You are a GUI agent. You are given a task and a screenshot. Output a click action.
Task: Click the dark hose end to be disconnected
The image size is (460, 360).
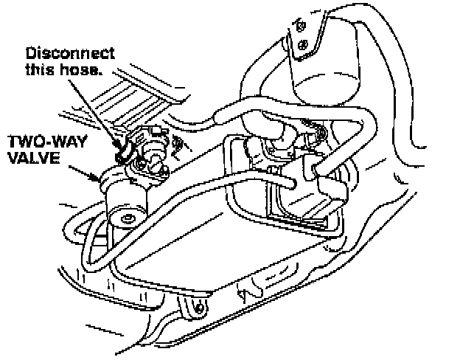[122, 153]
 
